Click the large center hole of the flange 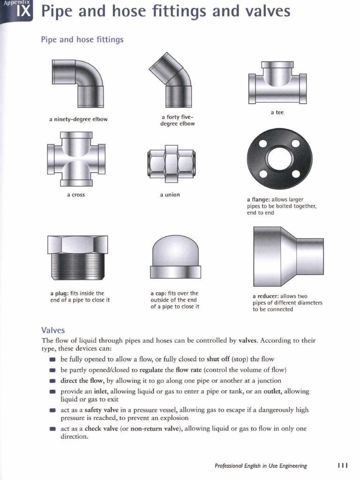coord(279,158)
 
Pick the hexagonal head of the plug coord(78,244)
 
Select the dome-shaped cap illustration coord(175,257)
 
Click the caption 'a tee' coord(277,112)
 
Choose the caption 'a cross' coord(76,195)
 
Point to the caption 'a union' coord(170,195)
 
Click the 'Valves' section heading coord(53,330)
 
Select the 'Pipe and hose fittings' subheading coord(82,39)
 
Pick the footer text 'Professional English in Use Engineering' coord(261,466)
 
